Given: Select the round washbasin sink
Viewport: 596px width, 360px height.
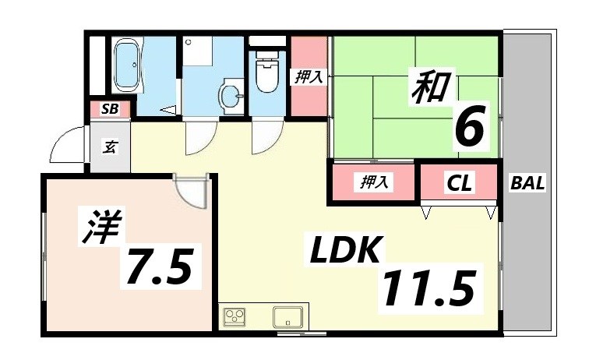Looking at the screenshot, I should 231,96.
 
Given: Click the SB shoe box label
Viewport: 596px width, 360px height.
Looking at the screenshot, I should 110,109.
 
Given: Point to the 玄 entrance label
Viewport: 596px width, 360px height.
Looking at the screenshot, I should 110,146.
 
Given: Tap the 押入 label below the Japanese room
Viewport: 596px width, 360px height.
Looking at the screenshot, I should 374,182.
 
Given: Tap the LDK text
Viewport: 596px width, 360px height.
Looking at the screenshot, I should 346,252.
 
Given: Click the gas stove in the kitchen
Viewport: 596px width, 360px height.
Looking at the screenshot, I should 235,317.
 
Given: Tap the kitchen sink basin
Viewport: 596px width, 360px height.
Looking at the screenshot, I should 287,317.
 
